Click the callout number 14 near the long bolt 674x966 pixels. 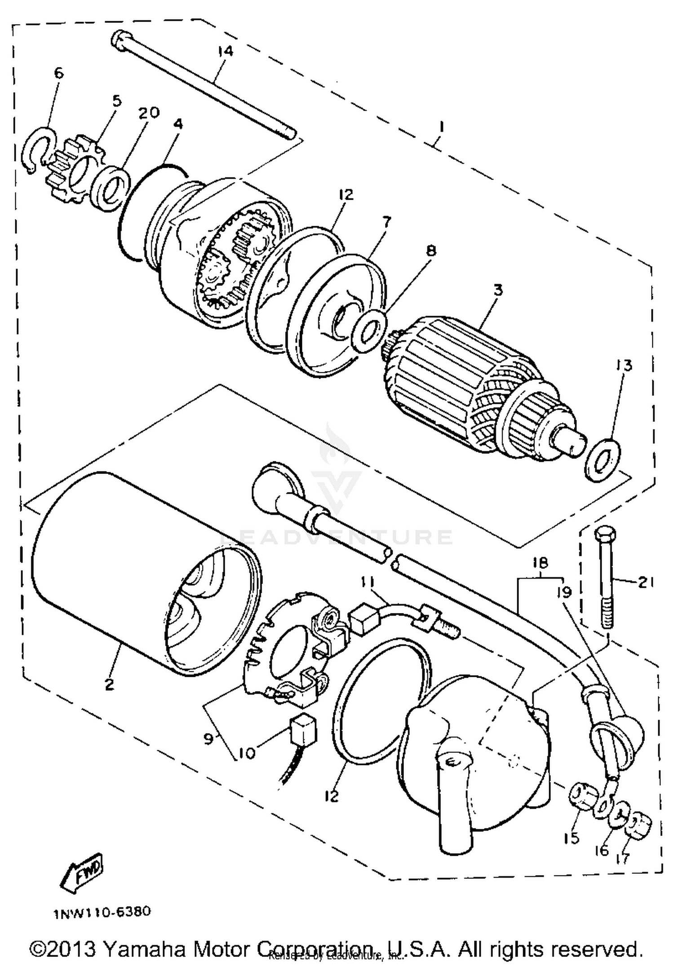click(x=226, y=52)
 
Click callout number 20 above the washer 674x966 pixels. click(x=148, y=113)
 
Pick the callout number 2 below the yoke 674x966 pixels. click(x=109, y=685)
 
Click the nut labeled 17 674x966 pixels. click(x=639, y=825)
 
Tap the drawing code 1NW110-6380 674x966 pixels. click(x=102, y=912)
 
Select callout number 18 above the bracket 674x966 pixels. click(x=540, y=563)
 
